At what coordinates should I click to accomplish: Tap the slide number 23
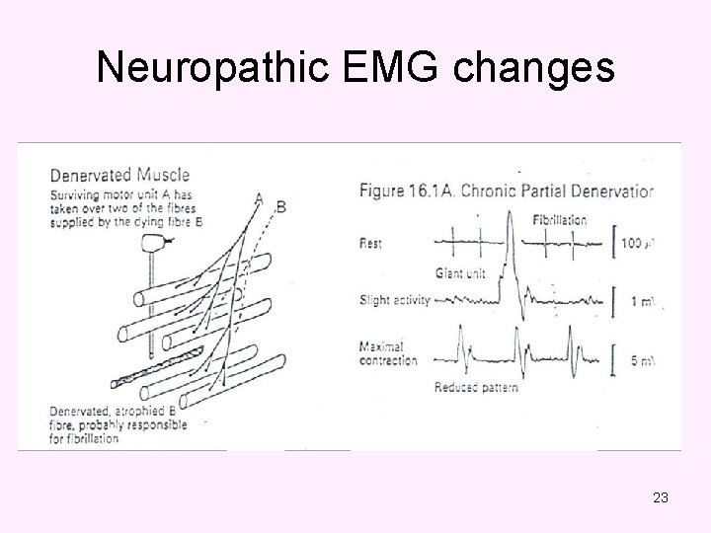coord(661,497)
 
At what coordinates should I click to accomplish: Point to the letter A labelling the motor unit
coord(259,199)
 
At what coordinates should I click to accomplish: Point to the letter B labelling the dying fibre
coord(281,206)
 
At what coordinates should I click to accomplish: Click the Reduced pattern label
coord(476,387)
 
